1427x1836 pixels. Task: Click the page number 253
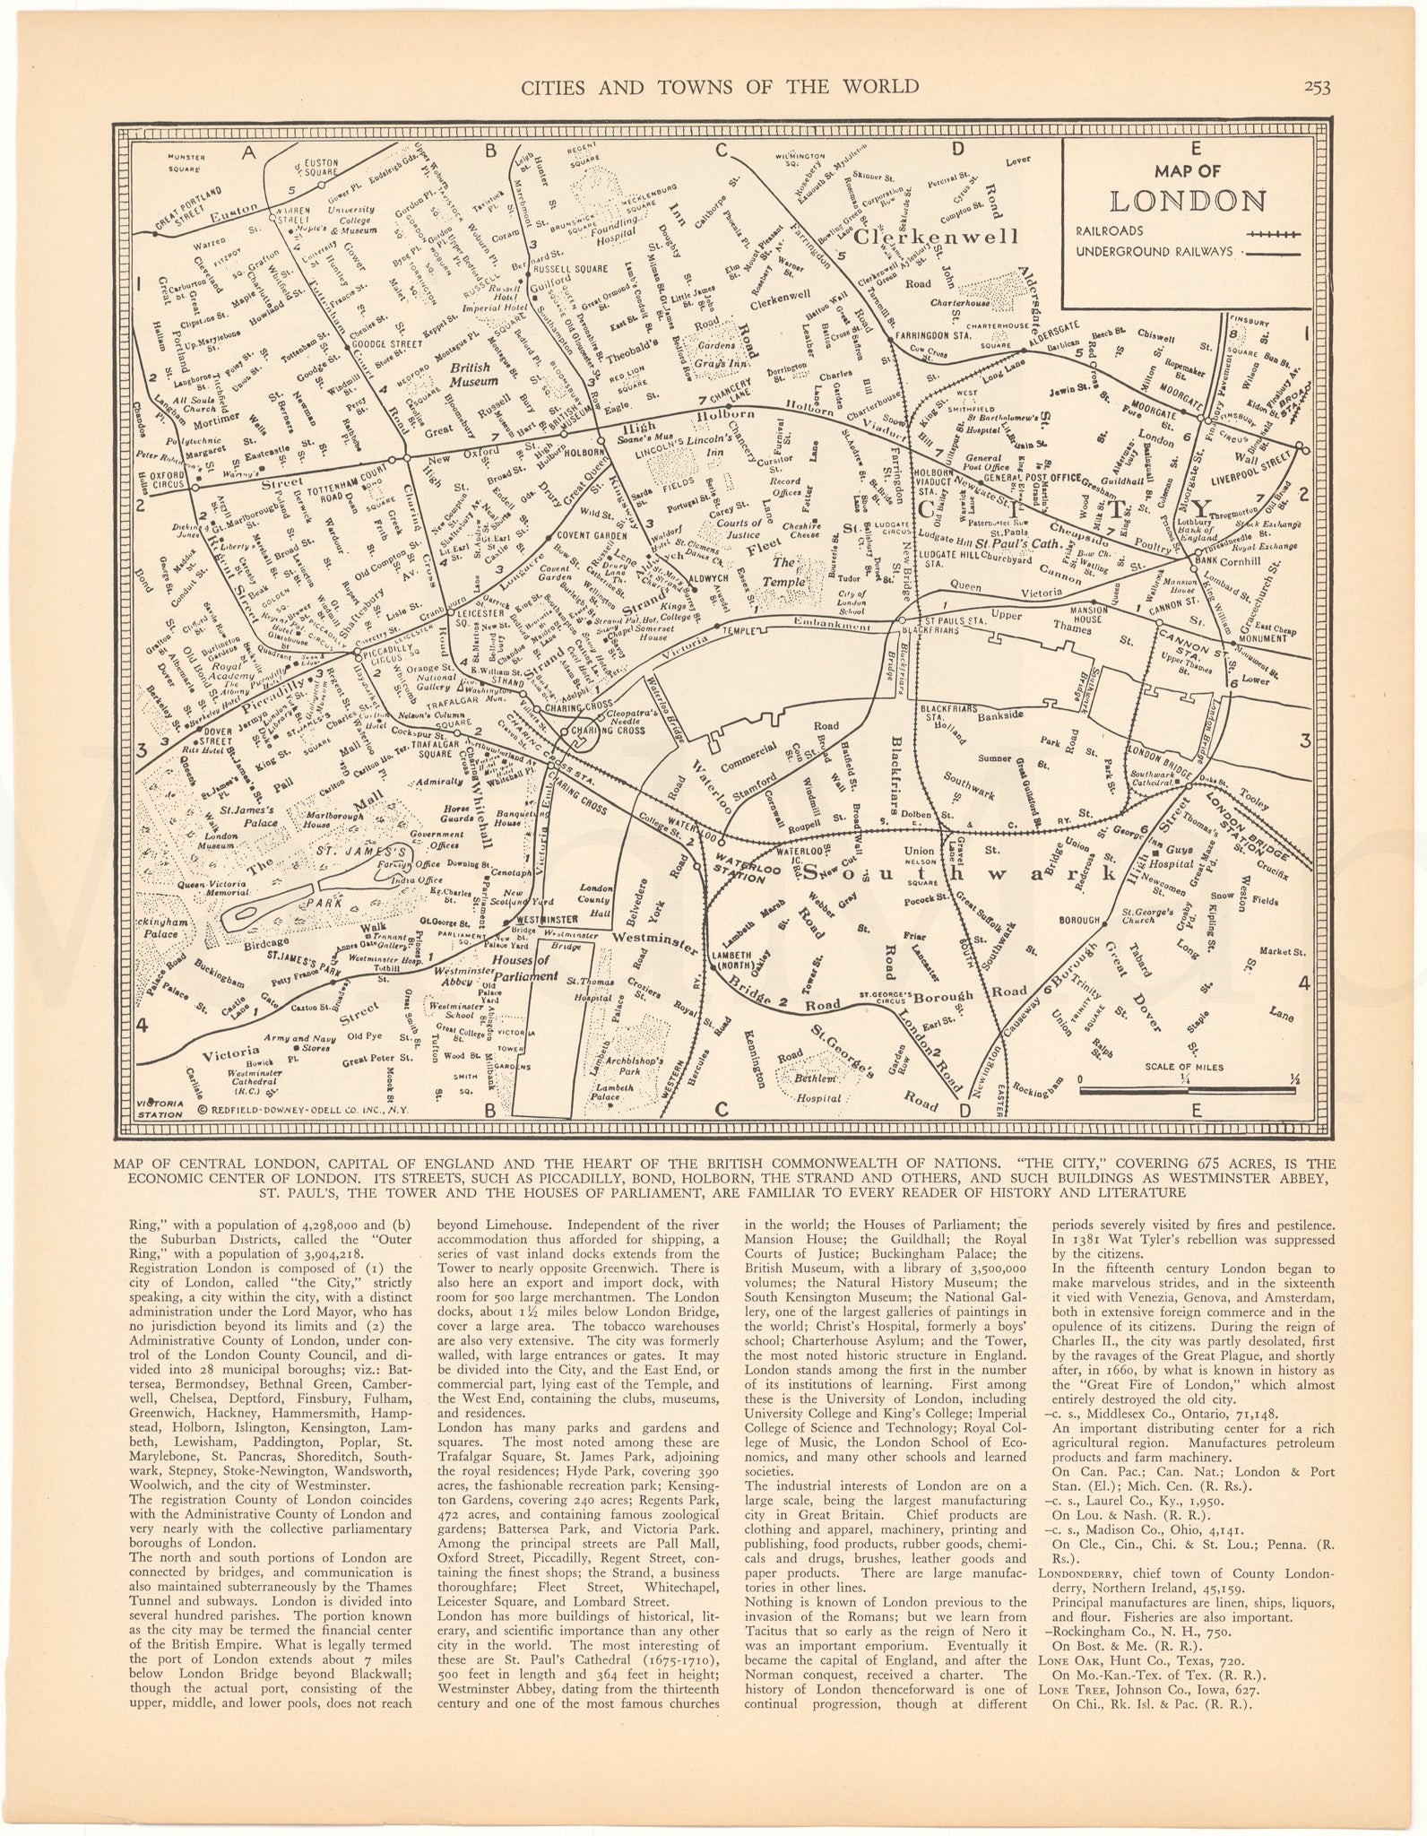[x=1317, y=86]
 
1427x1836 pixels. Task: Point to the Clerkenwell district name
[x=936, y=238]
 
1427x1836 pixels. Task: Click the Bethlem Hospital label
[x=820, y=1087]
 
